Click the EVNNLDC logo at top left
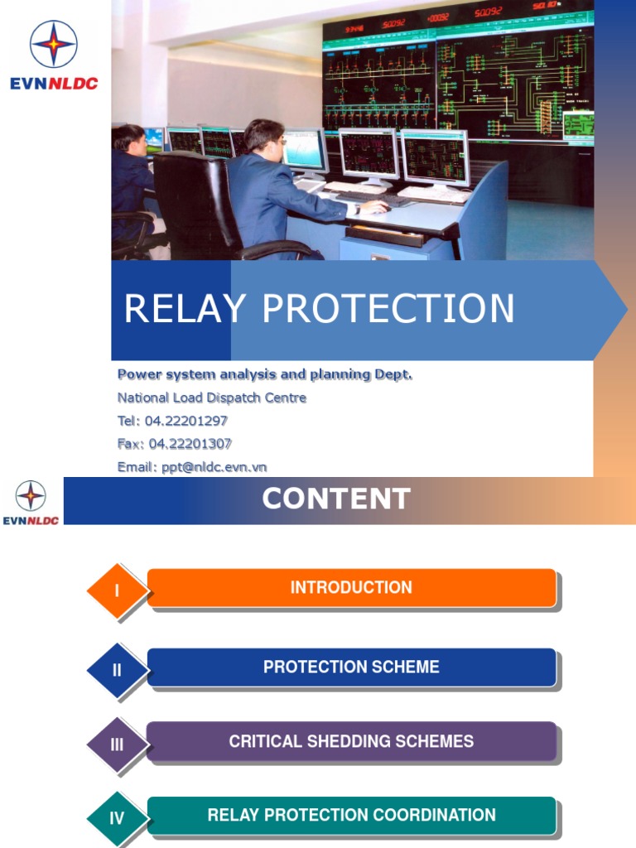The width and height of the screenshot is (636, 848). tap(54, 55)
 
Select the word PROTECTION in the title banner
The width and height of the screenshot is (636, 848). tap(388, 309)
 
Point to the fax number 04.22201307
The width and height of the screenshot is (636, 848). tap(190, 444)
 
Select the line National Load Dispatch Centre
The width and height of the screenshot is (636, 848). tap(212, 397)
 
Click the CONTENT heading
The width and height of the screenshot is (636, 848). tap(336, 499)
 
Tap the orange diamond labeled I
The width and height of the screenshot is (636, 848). tap(118, 591)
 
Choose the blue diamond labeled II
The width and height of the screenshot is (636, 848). tap(118, 670)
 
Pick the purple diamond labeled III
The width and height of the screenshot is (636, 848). tap(118, 744)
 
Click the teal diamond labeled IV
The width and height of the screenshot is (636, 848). tap(118, 818)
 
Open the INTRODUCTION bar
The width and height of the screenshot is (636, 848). tap(351, 588)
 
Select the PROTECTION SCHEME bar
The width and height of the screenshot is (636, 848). tap(351, 667)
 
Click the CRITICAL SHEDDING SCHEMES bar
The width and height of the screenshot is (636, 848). tap(351, 741)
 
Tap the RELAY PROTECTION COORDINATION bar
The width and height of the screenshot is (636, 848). tap(351, 816)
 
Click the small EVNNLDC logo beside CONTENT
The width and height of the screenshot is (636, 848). tap(31, 502)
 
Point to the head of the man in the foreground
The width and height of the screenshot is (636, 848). tap(263, 137)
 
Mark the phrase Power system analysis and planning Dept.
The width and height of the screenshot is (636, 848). tap(265, 374)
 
